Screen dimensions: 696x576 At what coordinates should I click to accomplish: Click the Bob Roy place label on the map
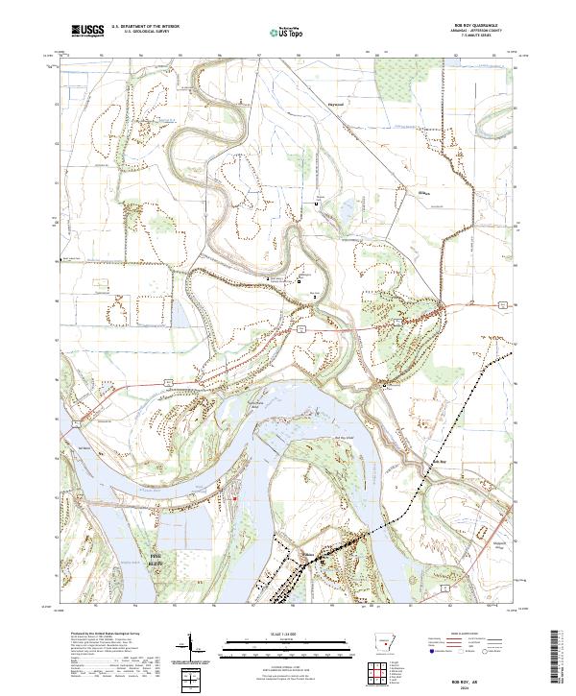[x=438, y=463]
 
